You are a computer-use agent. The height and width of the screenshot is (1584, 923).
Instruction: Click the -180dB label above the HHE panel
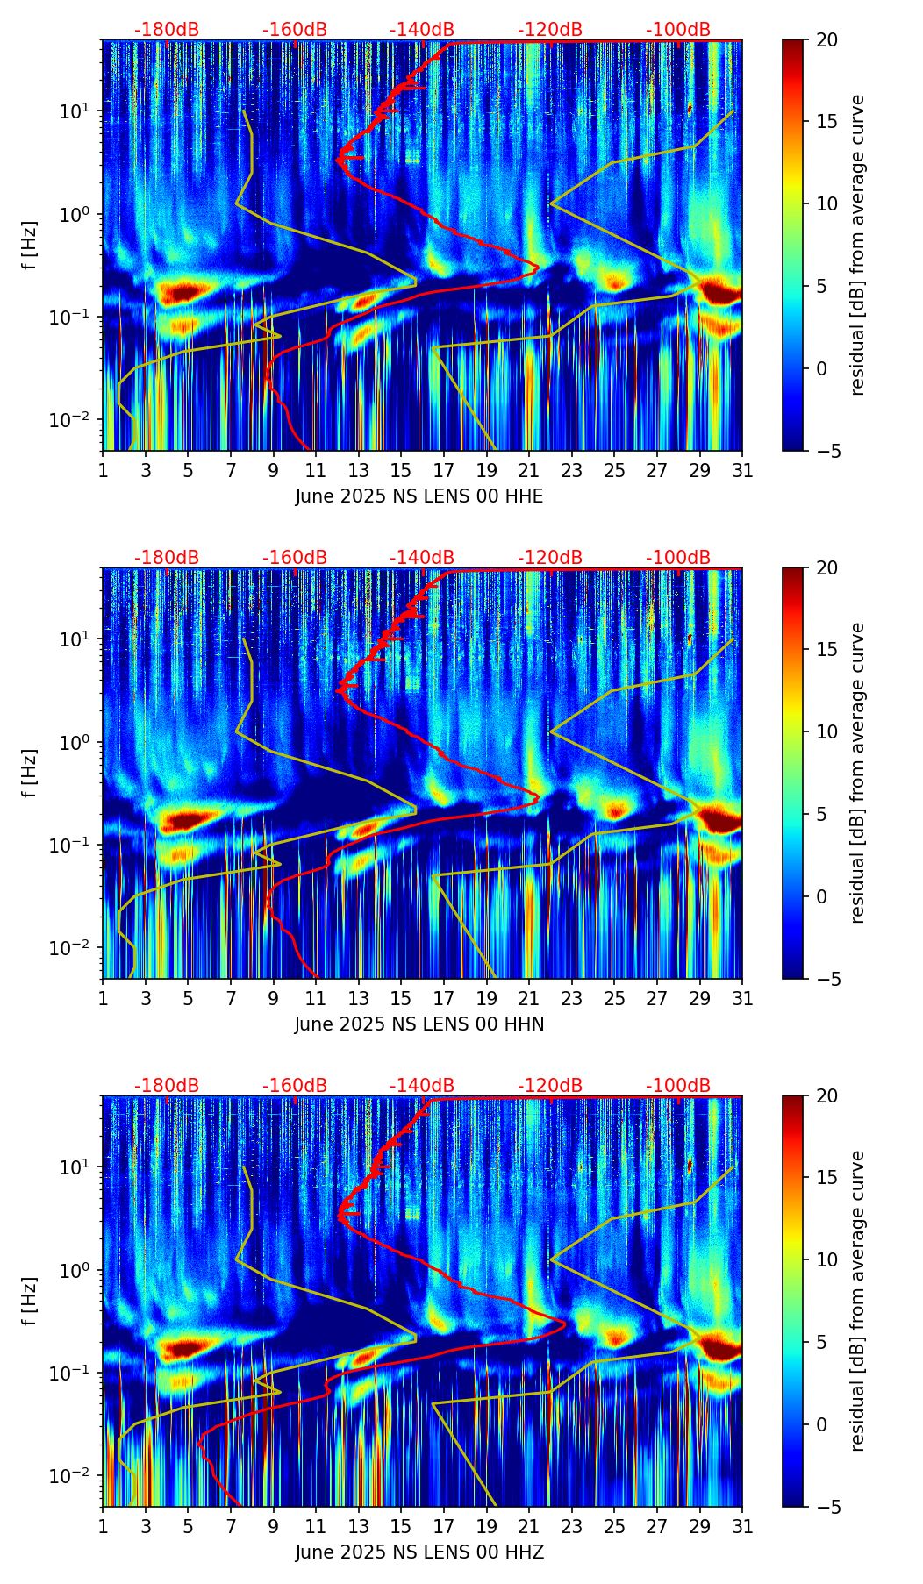click(167, 30)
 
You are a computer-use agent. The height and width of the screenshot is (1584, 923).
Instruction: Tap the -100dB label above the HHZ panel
click(678, 1086)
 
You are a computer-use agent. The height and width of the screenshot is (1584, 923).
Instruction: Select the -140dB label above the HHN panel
click(422, 558)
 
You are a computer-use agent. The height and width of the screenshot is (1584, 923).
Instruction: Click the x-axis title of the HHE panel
click(419, 496)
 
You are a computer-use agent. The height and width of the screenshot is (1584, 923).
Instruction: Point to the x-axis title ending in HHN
click(419, 1024)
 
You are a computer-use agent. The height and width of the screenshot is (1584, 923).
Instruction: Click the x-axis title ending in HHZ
click(419, 1552)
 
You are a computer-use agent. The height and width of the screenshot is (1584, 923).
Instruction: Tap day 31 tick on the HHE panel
click(742, 470)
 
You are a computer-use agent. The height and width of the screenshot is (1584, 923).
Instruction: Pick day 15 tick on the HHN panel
click(401, 998)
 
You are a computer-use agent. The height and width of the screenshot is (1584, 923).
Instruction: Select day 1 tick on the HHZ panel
click(103, 1526)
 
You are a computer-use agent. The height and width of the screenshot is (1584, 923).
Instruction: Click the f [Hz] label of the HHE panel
click(30, 246)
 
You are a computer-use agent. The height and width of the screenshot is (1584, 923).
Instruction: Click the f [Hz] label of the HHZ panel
click(30, 1302)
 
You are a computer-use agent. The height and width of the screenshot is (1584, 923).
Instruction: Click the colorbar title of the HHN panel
click(858, 773)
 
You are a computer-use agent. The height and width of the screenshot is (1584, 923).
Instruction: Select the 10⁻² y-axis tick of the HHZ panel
click(75, 1476)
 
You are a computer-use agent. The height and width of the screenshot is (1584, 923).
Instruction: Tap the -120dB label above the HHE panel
click(550, 30)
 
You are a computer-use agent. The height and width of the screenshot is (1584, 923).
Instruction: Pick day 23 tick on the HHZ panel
click(572, 1526)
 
